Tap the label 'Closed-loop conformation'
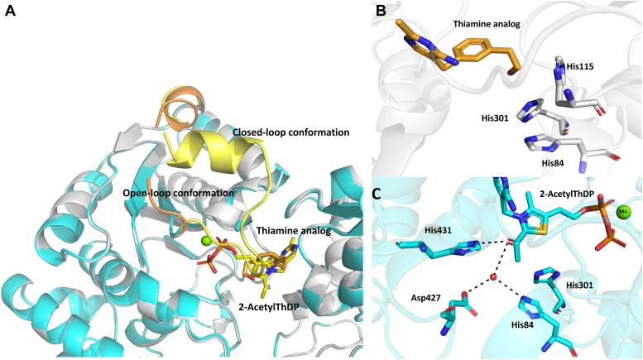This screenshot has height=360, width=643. (x=290, y=132)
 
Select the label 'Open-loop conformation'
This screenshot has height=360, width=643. (x=177, y=193)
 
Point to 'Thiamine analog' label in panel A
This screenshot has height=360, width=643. (x=294, y=231)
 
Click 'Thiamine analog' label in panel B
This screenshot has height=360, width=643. (x=487, y=25)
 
